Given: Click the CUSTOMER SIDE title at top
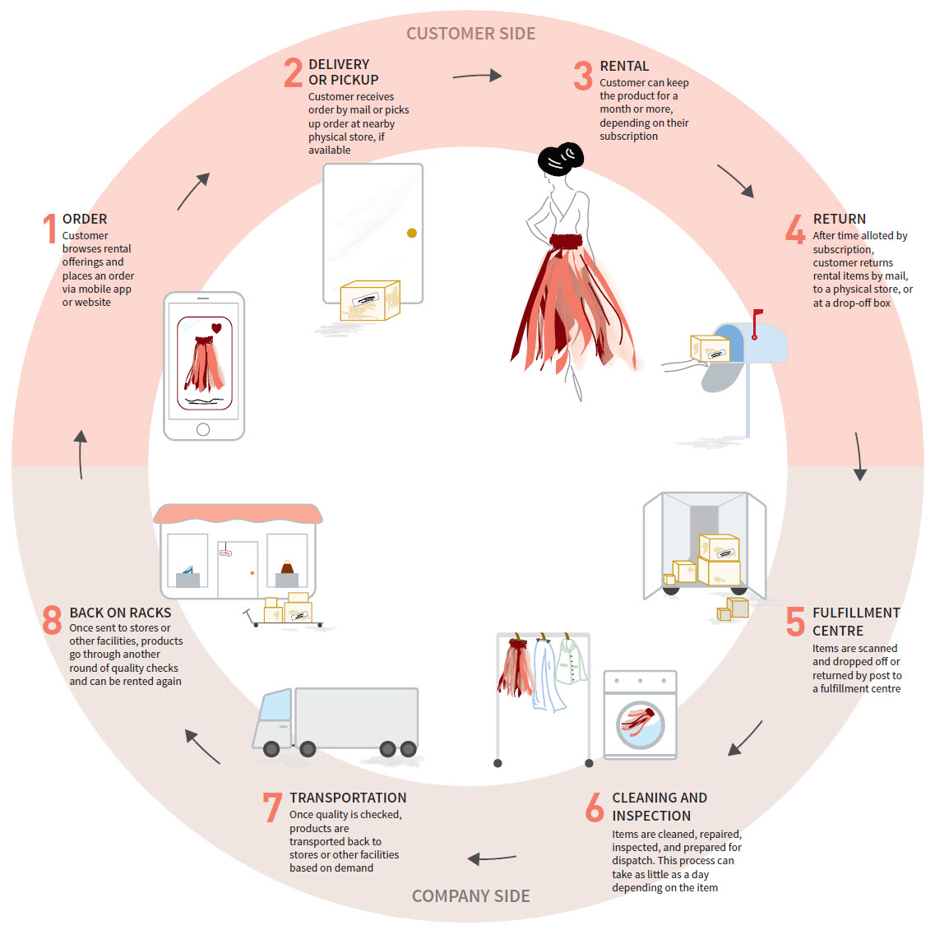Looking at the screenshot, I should pyautogui.click(x=470, y=34).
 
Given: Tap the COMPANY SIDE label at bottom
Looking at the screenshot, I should pyautogui.click(x=470, y=896).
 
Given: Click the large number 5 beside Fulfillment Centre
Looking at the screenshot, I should pyautogui.click(x=794, y=622).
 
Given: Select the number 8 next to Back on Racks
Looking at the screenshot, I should pyautogui.click(x=52, y=620).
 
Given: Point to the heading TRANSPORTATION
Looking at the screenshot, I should pyautogui.click(x=348, y=798).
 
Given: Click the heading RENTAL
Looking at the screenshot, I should pyautogui.click(x=624, y=66).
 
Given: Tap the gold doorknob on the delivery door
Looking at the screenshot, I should pyautogui.click(x=412, y=233).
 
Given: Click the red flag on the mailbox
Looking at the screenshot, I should pyautogui.click(x=757, y=313).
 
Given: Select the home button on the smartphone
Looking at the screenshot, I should pyautogui.click(x=203, y=429).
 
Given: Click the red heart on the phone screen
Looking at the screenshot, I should pyautogui.click(x=216, y=328).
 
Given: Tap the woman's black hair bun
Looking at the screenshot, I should pyautogui.click(x=561, y=158).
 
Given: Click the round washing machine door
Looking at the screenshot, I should pyautogui.click(x=640, y=724).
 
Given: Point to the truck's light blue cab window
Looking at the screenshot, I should pyautogui.click(x=276, y=706).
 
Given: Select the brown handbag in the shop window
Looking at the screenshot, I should pyautogui.click(x=287, y=567).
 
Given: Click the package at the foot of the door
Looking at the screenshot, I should pyautogui.click(x=370, y=301).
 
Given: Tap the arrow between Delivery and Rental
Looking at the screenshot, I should pyautogui.click(x=477, y=76).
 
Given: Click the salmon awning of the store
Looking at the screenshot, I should pyautogui.click(x=238, y=514).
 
